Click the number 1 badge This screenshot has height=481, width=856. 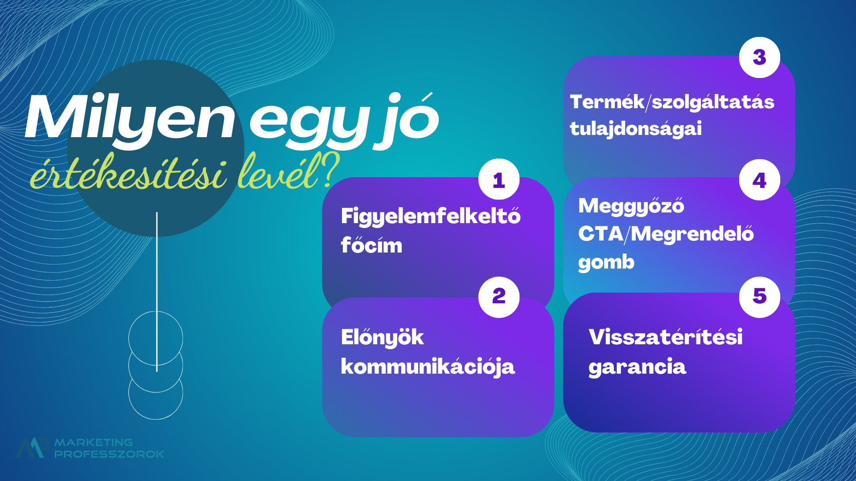point(499,179)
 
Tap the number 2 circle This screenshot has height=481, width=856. point(499,297)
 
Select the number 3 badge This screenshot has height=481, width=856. point(760,57)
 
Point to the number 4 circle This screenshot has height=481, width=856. point(760,180)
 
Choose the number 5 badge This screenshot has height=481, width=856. point(760,297)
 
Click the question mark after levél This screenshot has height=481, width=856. point(330,169)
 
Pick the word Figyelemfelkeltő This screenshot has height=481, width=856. point(431,216)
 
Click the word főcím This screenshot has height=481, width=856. point(371,245)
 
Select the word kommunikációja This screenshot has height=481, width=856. point(428,367)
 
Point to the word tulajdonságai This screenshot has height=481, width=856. point(636,129)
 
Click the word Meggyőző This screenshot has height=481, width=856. point(631,206)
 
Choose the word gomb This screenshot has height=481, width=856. point(606,262)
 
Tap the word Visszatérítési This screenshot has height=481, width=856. point(666,337)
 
